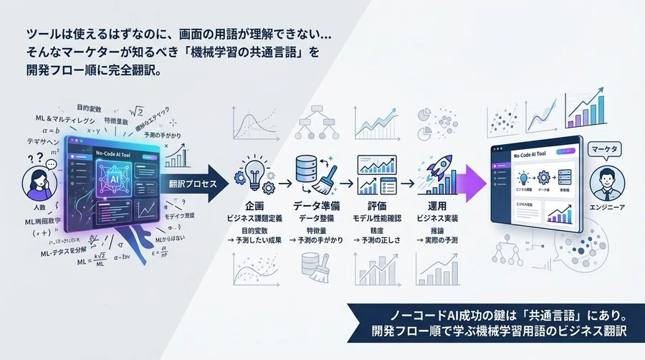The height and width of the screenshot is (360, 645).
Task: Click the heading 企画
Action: [254, 205]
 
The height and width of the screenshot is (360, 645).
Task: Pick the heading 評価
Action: [375, 205]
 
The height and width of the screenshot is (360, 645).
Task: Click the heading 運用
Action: [436, 205]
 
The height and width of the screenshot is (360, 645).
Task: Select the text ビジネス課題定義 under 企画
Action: [254, 217]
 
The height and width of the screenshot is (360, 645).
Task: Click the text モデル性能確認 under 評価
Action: [375, 217]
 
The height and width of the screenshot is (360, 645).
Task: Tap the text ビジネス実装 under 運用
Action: [436, 217]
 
